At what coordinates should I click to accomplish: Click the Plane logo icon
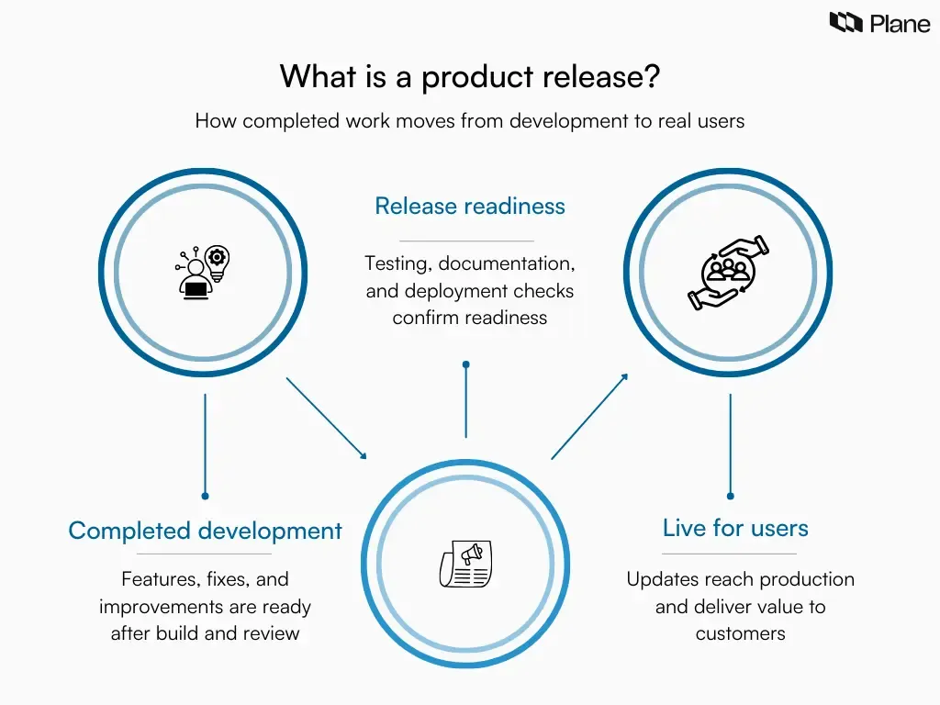pos(846,22)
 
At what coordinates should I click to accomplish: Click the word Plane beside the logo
pos(900,23)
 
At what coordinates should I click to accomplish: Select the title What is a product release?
pos(469,76)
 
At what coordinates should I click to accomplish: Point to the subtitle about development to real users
pos(469,121)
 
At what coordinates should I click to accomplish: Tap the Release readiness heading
pos(469,206)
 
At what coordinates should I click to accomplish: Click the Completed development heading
pos(205,531)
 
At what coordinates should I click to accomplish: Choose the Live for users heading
pos(735,528)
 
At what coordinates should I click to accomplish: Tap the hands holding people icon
pos(729,272)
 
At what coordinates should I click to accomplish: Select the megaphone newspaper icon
pos(465,564)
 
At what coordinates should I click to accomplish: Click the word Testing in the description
pos(397,263)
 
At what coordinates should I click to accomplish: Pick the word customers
pos(740,633)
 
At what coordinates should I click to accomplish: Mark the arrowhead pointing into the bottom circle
pos(363,454)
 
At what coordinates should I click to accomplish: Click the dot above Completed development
pos(205,497)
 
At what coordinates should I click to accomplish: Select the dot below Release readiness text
pos(466,364)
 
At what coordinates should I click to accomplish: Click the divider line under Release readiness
pos(466,241)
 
